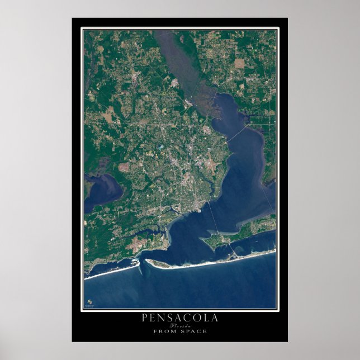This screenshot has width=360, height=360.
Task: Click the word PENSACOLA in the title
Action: pyautogui.click(x=179, y=318)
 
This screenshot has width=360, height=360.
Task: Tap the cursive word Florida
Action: pyautogui.click(x=180, y=325)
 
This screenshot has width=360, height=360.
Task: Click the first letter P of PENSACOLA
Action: pyautogui.click(x=146, y=318)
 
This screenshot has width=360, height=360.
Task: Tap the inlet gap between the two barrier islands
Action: pyautogui.click(x=142, y=262)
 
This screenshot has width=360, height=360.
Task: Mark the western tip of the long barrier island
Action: pyautogui.click(x=146, y=261)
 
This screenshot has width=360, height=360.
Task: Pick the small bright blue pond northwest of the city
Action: pyautogui.click(x=160, y=147)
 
